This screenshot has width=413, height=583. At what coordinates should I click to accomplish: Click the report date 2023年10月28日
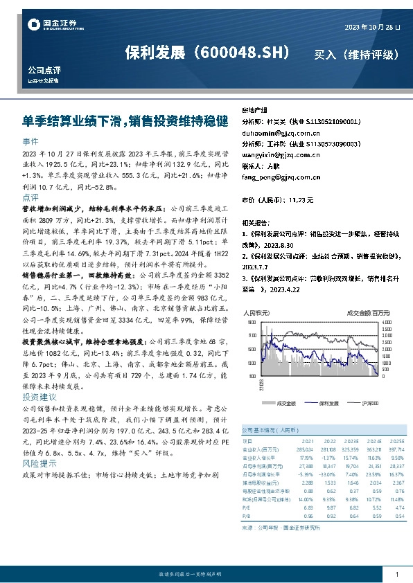point(372,26)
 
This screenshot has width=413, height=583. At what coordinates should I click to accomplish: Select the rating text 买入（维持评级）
point(356,53)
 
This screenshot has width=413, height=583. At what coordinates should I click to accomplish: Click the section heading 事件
point(30,141)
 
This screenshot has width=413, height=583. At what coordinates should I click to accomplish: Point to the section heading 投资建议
point(39,398)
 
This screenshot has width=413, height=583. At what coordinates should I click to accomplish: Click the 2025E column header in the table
point(396,440)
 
